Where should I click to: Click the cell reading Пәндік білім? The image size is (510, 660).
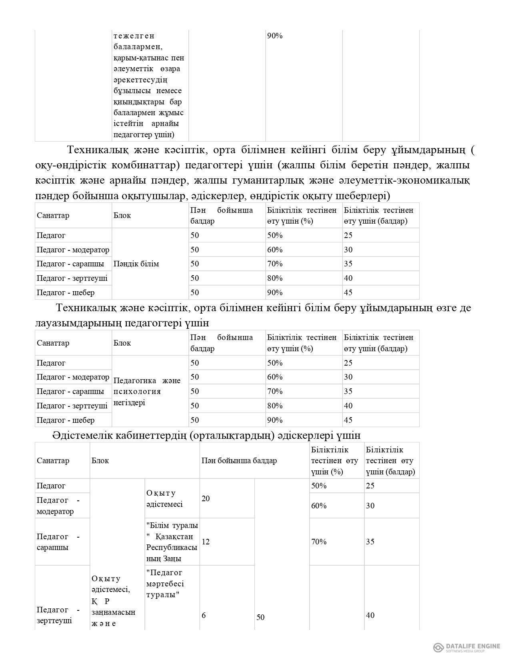136,264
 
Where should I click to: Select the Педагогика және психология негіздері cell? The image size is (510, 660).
147,392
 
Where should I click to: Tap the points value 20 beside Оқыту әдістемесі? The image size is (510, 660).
206,499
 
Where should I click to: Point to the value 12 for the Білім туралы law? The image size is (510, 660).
206,542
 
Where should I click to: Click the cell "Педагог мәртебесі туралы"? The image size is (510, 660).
165,584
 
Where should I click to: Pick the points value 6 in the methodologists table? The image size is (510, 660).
204,615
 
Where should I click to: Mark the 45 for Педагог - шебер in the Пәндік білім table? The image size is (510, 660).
348,293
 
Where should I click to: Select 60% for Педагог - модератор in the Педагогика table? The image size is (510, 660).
275,377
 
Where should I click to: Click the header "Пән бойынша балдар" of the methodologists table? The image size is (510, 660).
239,461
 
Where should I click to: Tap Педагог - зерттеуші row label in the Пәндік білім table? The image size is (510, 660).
72,278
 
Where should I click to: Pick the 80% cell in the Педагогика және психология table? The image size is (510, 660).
275,406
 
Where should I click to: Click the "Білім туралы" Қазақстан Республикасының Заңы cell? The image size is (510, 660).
172,542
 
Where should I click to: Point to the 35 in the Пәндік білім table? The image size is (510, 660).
348,264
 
